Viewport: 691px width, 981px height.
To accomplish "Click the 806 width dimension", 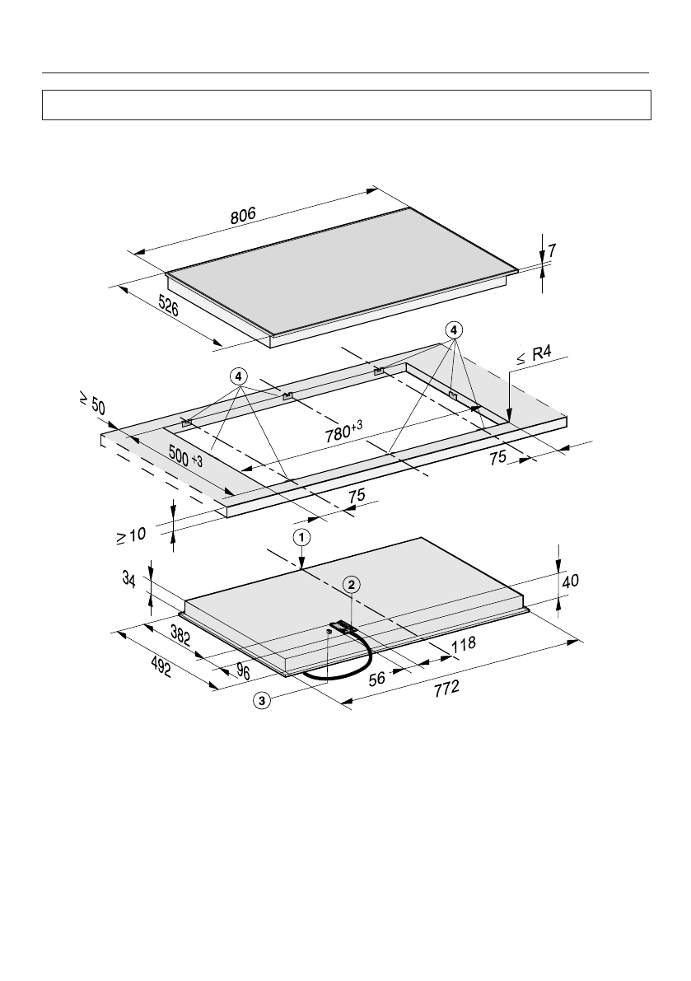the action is [243, 215].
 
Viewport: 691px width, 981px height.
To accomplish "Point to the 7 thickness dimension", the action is [552, 251].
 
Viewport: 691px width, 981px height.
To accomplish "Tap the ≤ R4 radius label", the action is [534, 355].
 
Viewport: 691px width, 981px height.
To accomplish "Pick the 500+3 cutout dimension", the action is [185, 456].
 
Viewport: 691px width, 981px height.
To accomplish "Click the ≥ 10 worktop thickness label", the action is [131, 536].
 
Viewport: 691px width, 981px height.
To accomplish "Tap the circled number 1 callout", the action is [301, 537].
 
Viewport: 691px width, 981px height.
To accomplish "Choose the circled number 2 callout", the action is [352, 584].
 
